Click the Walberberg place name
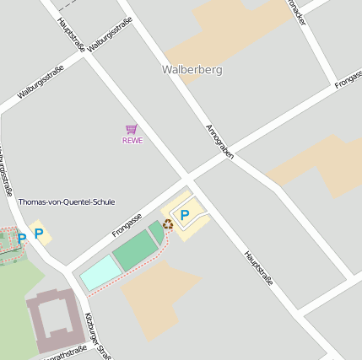pyautogui.click(x=192, y=70)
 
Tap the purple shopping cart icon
pyautogui.click(x=131, y=129)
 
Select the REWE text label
pyautogui.click(x=132, y=141)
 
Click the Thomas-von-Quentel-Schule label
pyautogui.click(x=67, y=202)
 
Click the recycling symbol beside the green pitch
pyautogui.click(x=168, y=223)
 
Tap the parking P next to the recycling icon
pyautogui.click(x=184, y=216)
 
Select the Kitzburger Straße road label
pyautogui.click(x=97, y=336)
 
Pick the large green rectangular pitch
pyautogui.click(x=136, y=251)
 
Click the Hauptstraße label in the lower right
pyautogui.click(x=259, y=268)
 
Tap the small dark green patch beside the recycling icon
pyautogui.click(x=156, y=230)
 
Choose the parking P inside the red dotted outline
pyautogui.click(x=22, y=239)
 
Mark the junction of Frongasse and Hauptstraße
pyautogui.click(x=189, y=180)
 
